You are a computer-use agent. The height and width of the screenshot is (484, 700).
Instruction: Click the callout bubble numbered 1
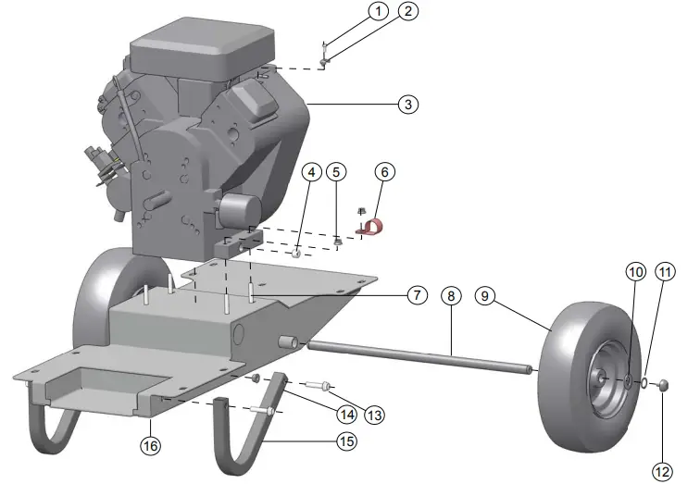point(377,11)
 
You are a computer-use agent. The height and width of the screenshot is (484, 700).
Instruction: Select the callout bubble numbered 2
point(407,11)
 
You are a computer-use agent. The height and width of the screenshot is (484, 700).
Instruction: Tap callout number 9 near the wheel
point(486,296)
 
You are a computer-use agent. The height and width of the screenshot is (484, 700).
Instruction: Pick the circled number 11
point(666,272)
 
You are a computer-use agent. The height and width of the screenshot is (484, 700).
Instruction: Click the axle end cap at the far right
point(663,386)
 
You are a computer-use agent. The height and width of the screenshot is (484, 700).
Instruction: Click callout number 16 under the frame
point(150,445)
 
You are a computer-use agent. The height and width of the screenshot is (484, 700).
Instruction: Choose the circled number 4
point(311,171)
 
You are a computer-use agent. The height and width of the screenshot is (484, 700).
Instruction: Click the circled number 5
point(338,171)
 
